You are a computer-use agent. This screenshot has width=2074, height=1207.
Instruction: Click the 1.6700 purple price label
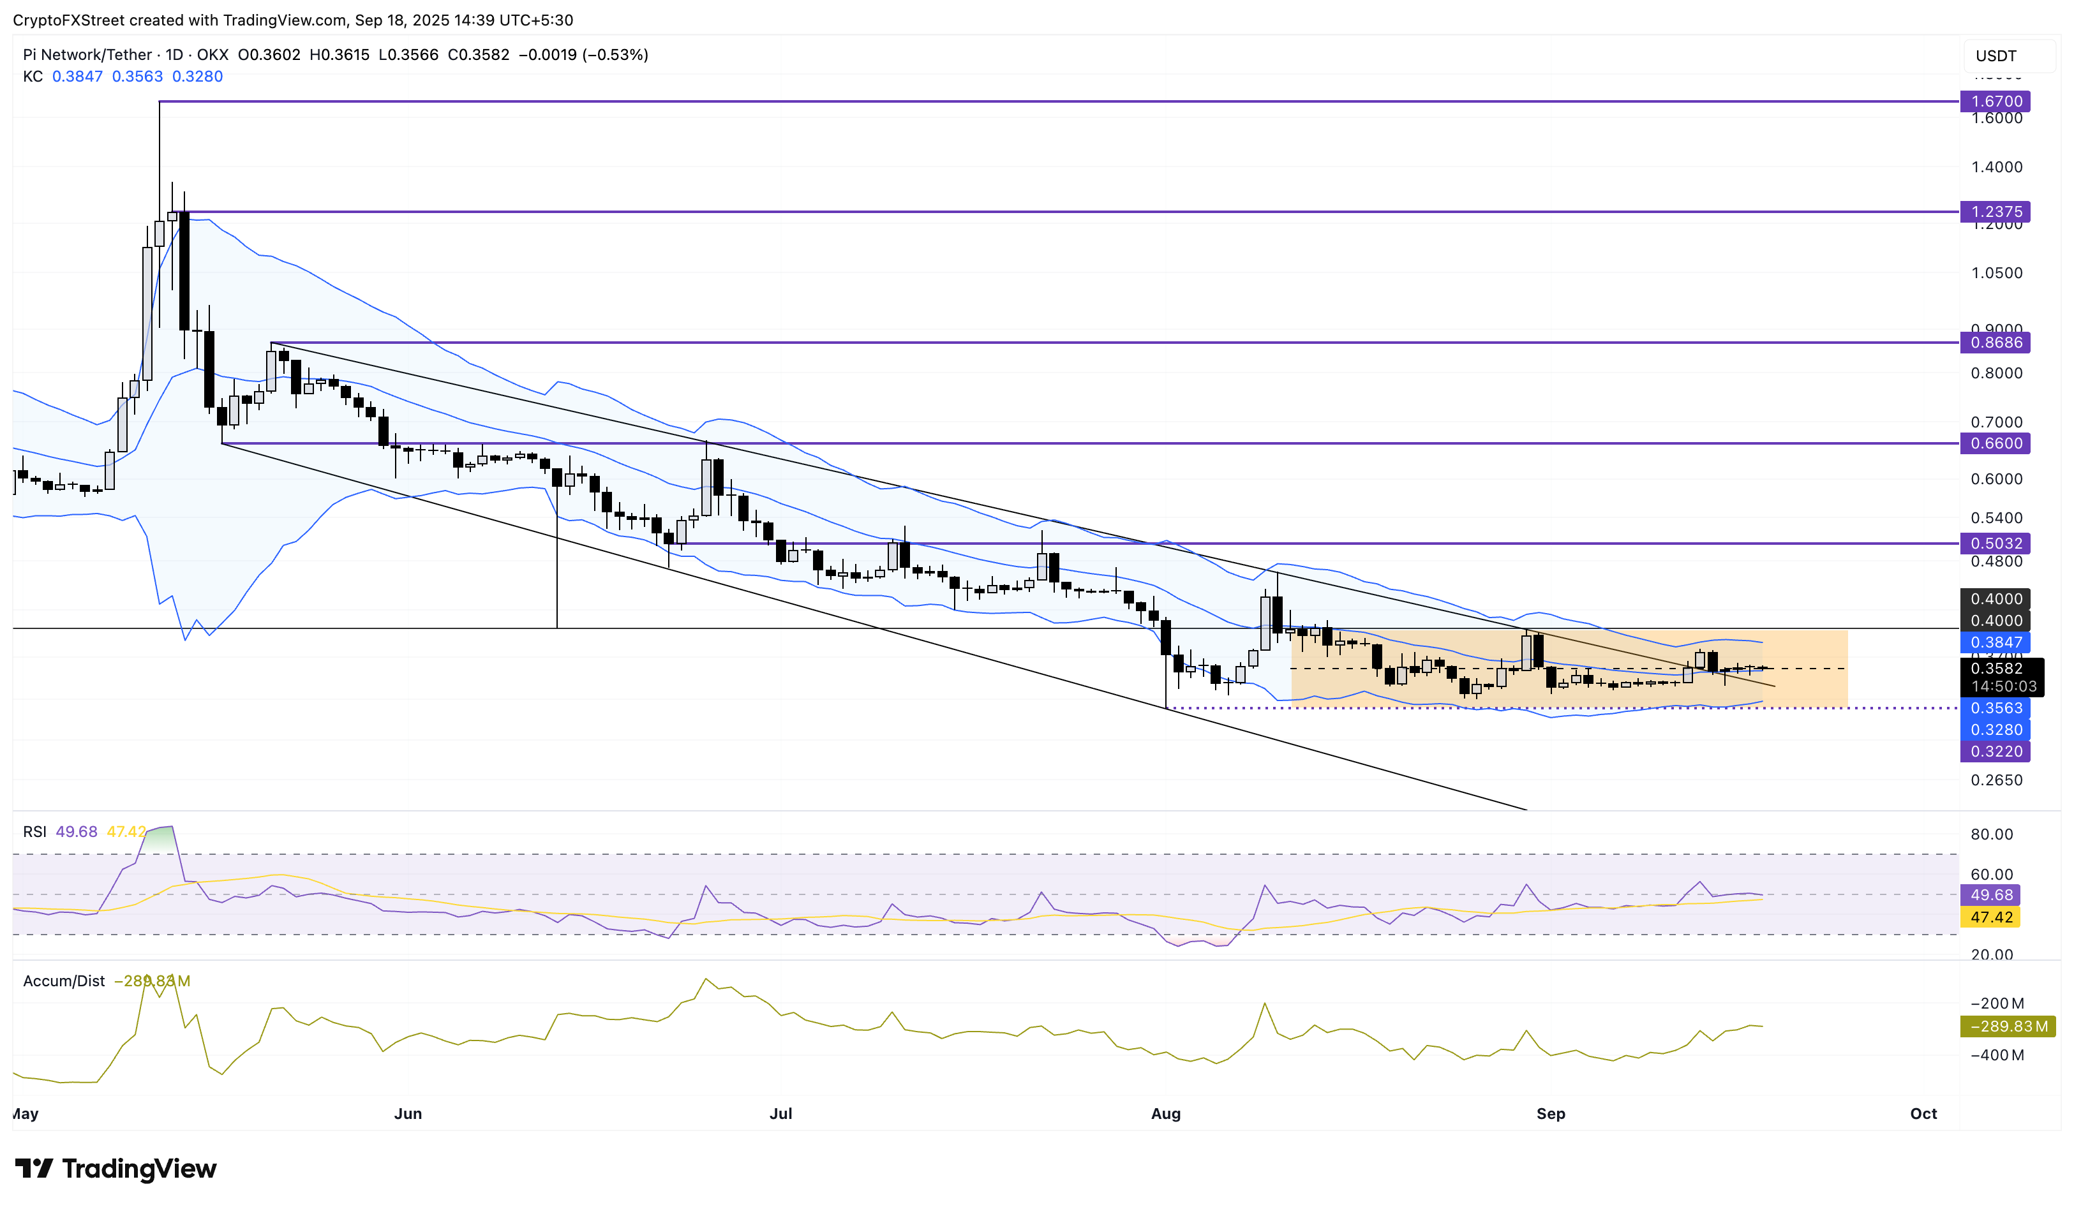(1995, 101)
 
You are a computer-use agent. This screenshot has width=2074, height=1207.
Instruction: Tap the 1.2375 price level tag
(1995, 211)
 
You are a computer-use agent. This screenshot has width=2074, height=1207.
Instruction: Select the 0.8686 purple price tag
(1995, 343)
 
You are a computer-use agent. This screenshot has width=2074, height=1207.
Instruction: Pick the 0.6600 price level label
(1995, 443)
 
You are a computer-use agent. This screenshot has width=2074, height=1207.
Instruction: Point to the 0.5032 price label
(1995, 543)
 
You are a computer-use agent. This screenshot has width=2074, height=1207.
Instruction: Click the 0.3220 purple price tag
(1995, 752)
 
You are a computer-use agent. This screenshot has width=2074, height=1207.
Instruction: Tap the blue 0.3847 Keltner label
(1995, 642)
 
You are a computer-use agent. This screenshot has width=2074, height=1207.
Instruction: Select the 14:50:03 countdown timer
(2003, 686)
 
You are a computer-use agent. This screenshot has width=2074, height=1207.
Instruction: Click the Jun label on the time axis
(407, 1113)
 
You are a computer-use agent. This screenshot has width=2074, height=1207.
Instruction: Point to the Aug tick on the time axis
(1165, 1113)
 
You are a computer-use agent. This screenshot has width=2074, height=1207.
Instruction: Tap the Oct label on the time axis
(1923, 1113)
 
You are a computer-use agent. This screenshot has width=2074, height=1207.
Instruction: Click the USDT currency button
(1997, 56)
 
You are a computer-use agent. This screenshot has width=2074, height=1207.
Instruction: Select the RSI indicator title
(34, 832)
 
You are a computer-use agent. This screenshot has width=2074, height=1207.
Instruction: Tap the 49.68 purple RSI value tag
(1991, 895)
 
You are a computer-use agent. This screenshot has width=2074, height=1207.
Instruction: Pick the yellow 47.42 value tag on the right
(1991, 917)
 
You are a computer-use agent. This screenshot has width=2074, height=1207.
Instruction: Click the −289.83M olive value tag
(2008, 1027)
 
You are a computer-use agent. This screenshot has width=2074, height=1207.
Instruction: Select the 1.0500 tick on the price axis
(1996, 273)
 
